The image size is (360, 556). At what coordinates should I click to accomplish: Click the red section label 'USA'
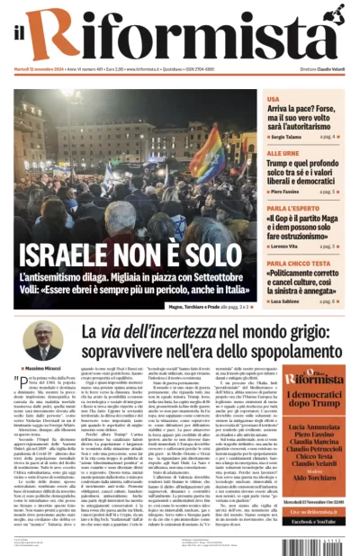tap(273, 99)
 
